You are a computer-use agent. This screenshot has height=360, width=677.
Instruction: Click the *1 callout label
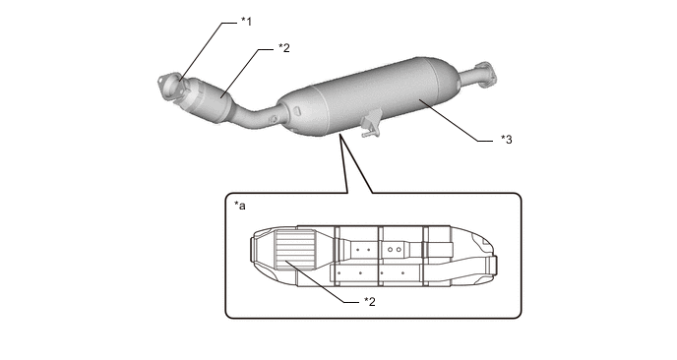click(x=247, y=22)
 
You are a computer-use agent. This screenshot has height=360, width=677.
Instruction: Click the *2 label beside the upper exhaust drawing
click(x=284, y=48)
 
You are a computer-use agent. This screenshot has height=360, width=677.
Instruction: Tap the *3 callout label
click(x=507, y=140)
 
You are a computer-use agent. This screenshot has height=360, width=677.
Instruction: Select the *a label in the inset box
click(x=240, y=206)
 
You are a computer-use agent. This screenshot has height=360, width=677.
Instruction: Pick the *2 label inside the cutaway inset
click(x=370, y=301)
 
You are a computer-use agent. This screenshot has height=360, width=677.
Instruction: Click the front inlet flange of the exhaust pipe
click(x=169, y=87)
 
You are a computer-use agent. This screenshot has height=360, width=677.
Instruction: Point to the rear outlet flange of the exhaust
click(x=484, y=74)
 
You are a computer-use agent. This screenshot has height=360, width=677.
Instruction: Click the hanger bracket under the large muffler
click(x=370, y=124)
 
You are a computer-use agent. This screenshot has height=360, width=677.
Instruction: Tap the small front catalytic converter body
click(x=207, y=101)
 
